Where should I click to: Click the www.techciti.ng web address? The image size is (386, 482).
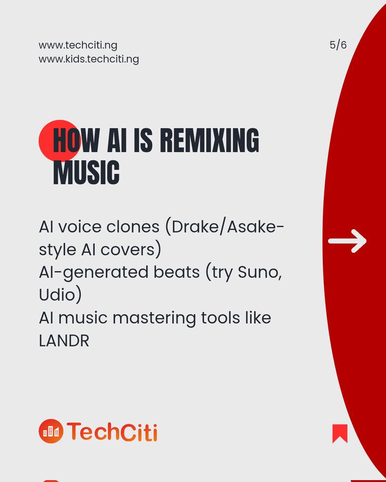(x=78, y=45)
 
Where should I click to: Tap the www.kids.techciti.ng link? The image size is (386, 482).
(x=89, y=59)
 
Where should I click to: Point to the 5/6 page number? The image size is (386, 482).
(x=338, y=45)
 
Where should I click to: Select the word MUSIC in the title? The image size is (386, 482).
(x=86, y=173)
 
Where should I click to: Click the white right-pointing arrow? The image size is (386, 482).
(x=347, y=241)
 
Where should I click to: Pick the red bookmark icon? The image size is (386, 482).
(x=340, y=434)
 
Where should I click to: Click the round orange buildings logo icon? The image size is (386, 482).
(x=51, y=431)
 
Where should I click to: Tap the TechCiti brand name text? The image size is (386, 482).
(x=112, y=432)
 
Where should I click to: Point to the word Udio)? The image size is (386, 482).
(x=60, y=295)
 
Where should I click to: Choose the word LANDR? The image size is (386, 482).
(x=64, y=341)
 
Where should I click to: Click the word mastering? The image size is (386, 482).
(x=154, y=318)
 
